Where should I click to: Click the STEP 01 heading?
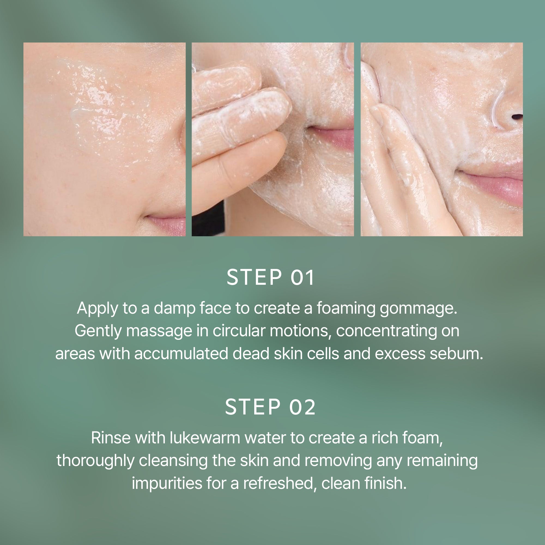pos(270,277)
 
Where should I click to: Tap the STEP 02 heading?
pos(270,407)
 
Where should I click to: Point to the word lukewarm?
pos(205,438)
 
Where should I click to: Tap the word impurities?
pos(167,483)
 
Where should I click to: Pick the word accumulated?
pos(181,353)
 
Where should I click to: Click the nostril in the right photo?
pos(517,116)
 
